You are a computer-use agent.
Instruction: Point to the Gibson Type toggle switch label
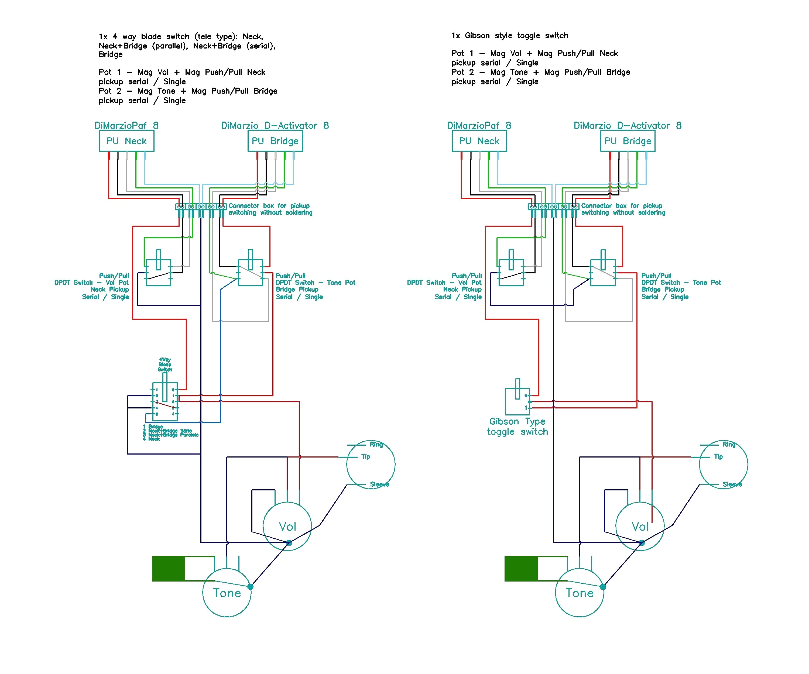(517, 426)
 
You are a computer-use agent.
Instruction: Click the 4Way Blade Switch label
(164, 364)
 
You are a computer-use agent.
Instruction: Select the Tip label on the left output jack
(365, 456)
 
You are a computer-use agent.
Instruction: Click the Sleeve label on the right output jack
(732, 484)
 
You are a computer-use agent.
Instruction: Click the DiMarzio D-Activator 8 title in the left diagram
(275, 126)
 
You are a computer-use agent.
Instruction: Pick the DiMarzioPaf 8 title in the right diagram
(479, 126)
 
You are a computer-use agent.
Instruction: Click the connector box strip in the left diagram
(201, 207)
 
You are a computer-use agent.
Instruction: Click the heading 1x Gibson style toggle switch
(509, 35)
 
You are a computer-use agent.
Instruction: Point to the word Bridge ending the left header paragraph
(111, 54)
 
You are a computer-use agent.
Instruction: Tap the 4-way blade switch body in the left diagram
(164, 401)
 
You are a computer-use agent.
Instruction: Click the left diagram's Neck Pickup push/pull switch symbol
(158, 273)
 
